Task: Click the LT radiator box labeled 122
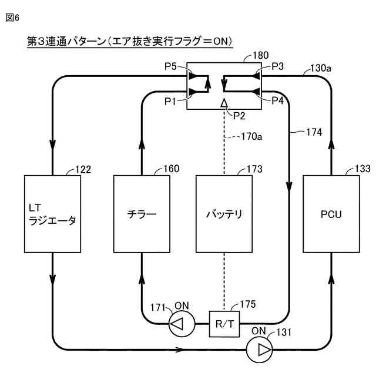pyautogui.click(x=52, y=214)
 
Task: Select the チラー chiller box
pyautogui.click(x=142, y=214)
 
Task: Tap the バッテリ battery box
pyautogui.click(x=224, y=214)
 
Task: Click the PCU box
pyautogui.click(x=331, y=214)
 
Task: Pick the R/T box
pyautogui.click(x=224, y=324)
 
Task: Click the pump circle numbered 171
pyautogui.click(x=182, y=324)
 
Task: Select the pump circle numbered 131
pyautogui.click(x=260, y=350)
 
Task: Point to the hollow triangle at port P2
pyautogui.click(x=224, y=103)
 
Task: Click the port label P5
pyautogui.click(x=170, y=66)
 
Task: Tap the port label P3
pyautogui.click(x=277, y=66)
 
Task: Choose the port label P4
pyautogui.click(x=277, y=100)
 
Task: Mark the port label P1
pyautogui.click(x=170, y=102)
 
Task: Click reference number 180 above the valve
pyautogui.click(x=261, y=55)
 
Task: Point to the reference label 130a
pyautogui.click(x=321, y=68)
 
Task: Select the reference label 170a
pyautogui.click(x=251, y=136)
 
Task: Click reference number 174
pyautogui.click(x=314, y=132)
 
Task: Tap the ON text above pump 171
pyautogui.click(x=182, y=305)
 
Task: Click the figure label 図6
pyautogui.click(x=12, y=18)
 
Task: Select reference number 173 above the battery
pyautogui.click(x=254, y=169)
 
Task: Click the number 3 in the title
pyautogui.click(x=41, y=41)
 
